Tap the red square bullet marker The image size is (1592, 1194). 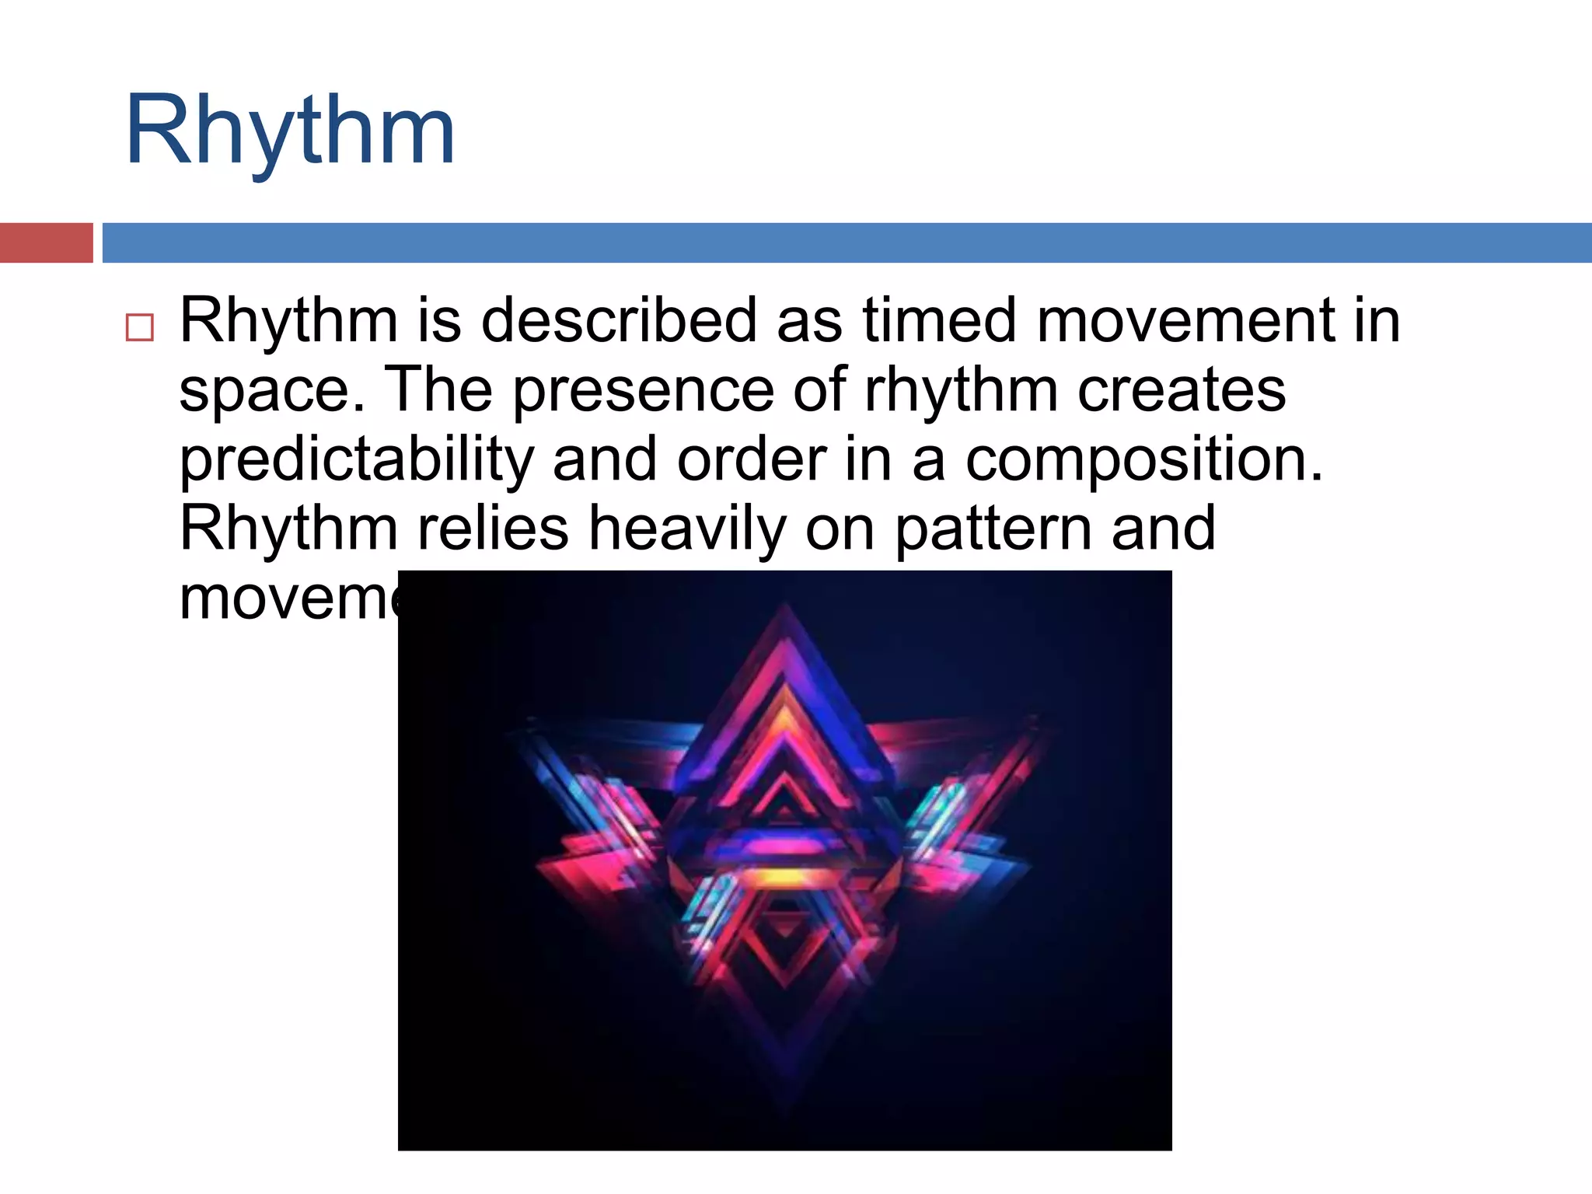pos(140,327)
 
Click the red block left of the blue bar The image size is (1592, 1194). pos(46,243)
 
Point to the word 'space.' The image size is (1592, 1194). pos(271,391)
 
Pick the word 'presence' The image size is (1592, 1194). pos(643,389)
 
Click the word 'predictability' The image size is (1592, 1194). pos(356,459)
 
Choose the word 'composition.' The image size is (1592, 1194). pos(1143,459)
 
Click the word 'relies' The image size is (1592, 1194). pos(493,529)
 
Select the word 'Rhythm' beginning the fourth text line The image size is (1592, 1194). pos(288,529)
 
